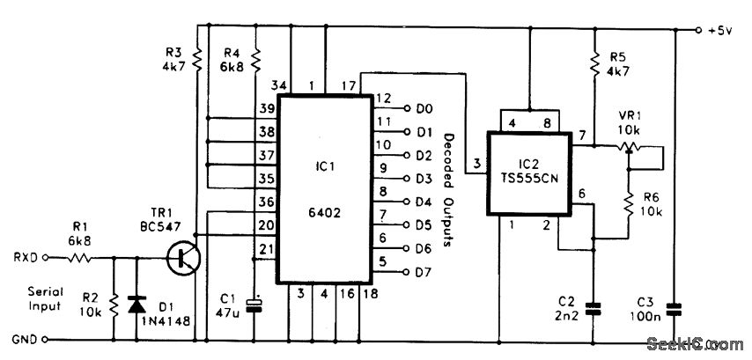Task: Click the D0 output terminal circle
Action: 408,108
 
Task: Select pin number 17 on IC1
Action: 348,84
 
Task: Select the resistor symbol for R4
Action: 255,60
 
